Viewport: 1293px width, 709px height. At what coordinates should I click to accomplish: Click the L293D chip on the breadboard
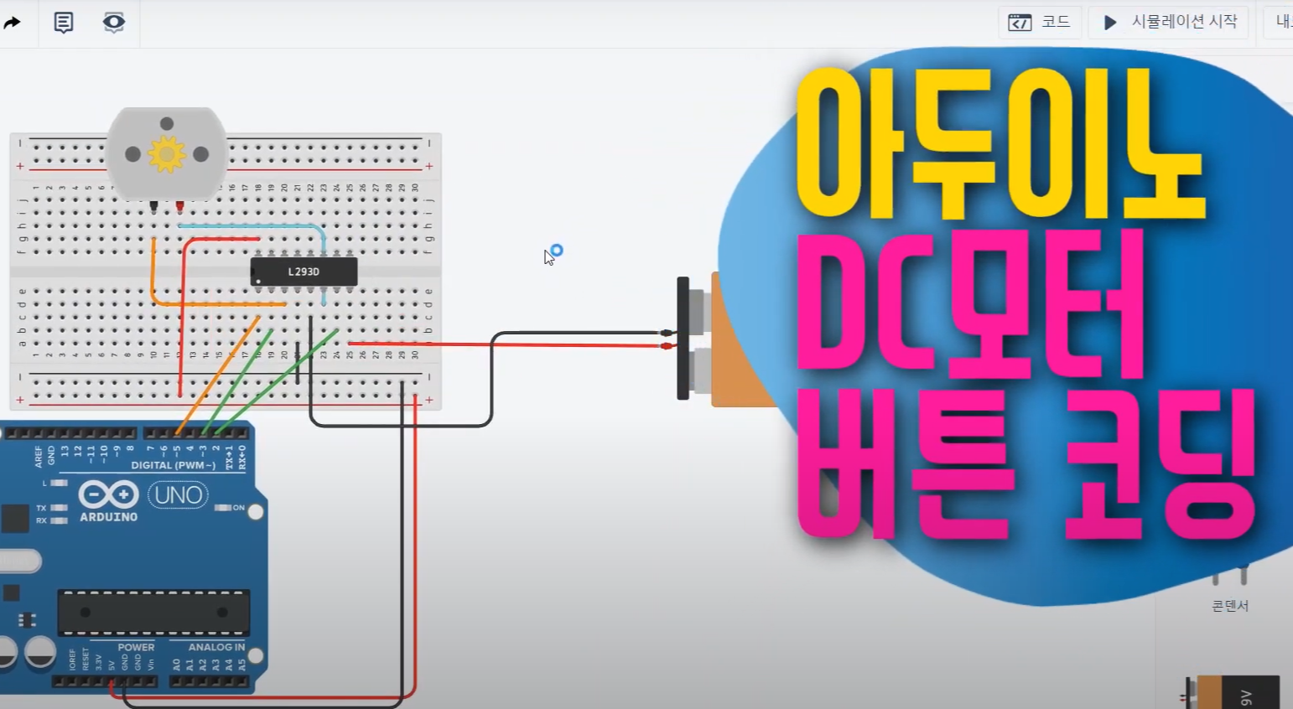[304, 272]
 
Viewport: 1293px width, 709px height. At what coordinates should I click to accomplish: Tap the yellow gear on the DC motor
[166, 154]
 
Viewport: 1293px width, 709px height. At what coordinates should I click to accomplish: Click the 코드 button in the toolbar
[1040, 22]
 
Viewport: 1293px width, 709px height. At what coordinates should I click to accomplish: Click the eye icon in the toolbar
[114, 22]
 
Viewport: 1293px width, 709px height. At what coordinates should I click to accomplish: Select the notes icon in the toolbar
[64, 22]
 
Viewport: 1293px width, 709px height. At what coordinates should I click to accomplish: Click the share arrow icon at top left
[12, 23]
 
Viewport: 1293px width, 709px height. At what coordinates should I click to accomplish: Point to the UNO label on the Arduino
[178, 495]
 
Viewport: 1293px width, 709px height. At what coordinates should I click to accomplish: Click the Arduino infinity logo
[108, 494]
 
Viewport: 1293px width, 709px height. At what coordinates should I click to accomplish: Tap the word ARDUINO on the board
[108, 517]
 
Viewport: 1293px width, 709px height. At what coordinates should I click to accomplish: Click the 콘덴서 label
[1230, 605]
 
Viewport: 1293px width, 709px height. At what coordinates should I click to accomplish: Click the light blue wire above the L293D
[252, 225]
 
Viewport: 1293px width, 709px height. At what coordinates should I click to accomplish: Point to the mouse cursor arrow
[548, 256]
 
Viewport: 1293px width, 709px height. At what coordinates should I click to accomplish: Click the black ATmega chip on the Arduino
[153, 612]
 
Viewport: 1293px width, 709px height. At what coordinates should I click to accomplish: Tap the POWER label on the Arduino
[136, 647]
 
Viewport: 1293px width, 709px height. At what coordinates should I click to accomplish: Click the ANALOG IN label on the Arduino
[216, 647]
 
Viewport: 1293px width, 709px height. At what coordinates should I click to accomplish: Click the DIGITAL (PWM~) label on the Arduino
[173, 465]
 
